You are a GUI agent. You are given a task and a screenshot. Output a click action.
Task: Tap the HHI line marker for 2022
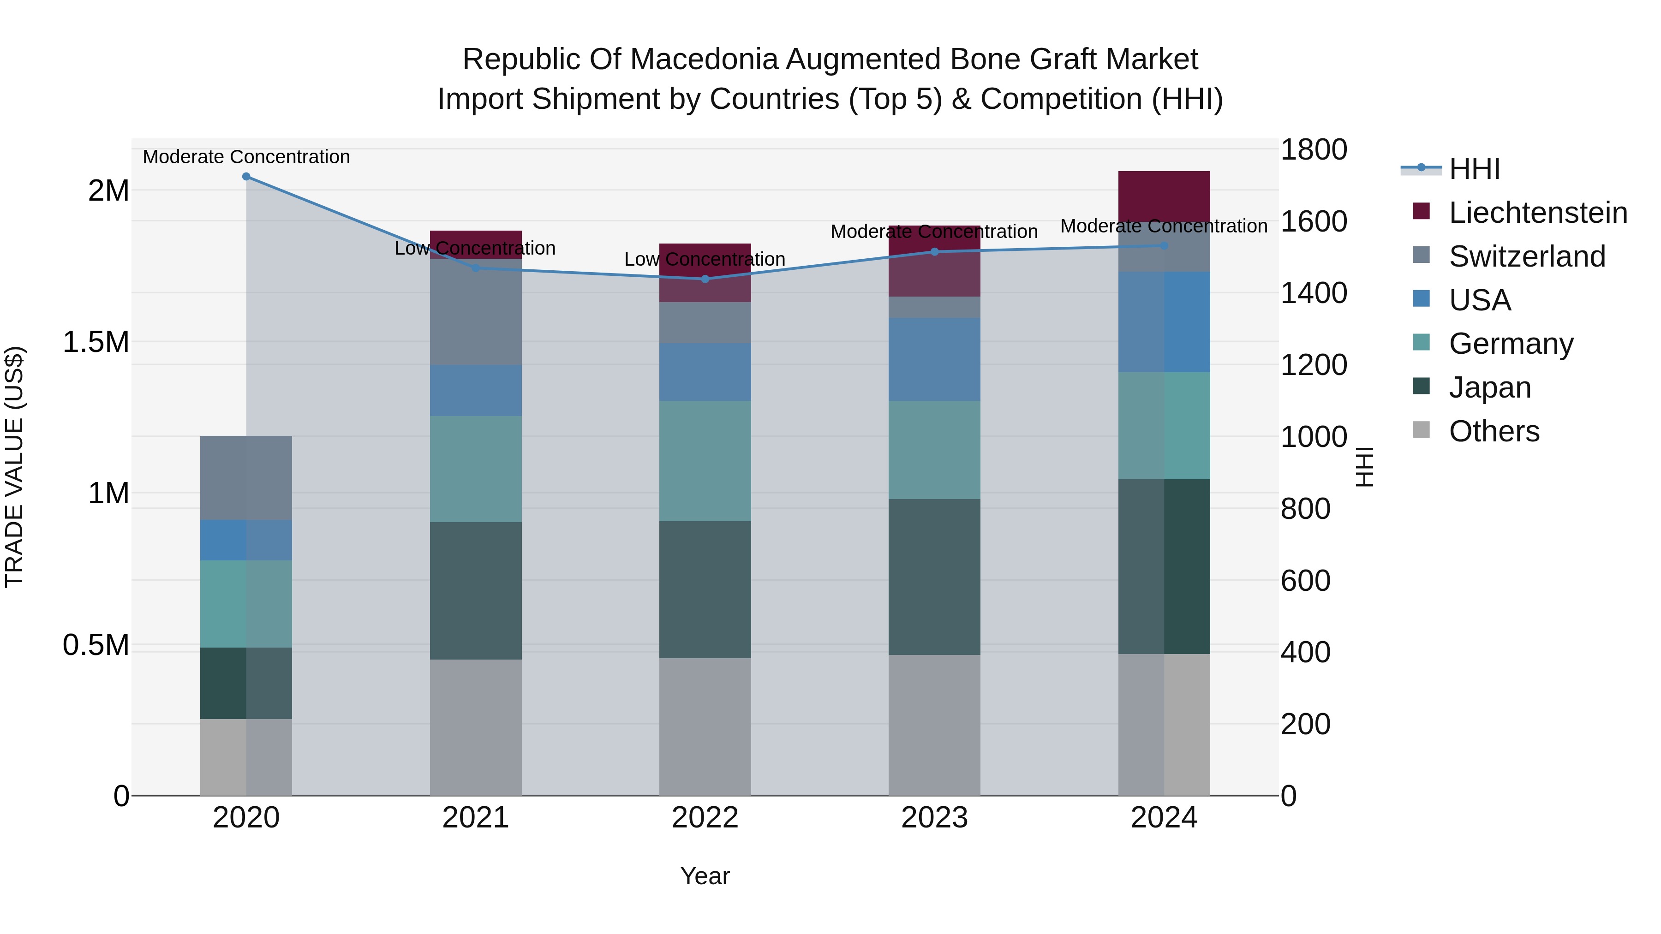pyautogui.click(x=705, y=279)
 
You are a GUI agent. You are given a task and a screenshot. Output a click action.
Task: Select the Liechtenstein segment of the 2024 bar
pyautogui.click(x=1164, y=196)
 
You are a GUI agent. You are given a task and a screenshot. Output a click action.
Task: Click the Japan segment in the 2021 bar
pyautogui.click(x=475, y=590)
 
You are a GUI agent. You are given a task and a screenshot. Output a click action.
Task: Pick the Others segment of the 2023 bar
pyautogui.click(x=934, y=725)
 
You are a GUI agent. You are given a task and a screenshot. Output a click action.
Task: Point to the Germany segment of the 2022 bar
pyautogui.click(x=705, y=461)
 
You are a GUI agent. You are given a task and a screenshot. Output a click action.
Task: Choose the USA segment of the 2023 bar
pyautogui.click(x=934, y=359)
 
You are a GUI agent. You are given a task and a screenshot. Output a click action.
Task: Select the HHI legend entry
pyautogui.click(x=1473, y=169)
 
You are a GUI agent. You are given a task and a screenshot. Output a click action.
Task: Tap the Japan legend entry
pyautogui.click(x=1489, y=387)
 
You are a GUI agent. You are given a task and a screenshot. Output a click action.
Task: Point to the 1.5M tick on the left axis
pyautogui.click(x=96, y=342)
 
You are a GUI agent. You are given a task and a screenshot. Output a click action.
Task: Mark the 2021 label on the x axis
pyautogui.click(x=475, y=818)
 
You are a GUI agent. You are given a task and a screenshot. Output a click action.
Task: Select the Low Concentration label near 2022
pyautogui.click(x=705, y=259)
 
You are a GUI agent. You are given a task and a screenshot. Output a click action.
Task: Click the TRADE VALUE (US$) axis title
pyautogui.click(x=14, y=467)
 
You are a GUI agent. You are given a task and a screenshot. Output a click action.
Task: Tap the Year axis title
pyautogui.click(x=705, y=876)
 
